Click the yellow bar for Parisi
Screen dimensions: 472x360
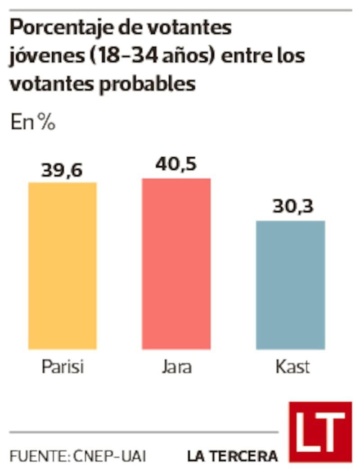point(63,266)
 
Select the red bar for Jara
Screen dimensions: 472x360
point(176,263)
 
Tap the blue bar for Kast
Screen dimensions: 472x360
point(290,285)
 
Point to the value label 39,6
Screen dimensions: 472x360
point(62,172)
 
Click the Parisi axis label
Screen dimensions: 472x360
point(63,367)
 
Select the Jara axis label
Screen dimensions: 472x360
point(176,367)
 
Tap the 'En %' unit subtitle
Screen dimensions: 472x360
point(33,123)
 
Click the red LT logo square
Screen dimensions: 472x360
point(320,431)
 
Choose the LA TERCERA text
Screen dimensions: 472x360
point(232,456)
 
